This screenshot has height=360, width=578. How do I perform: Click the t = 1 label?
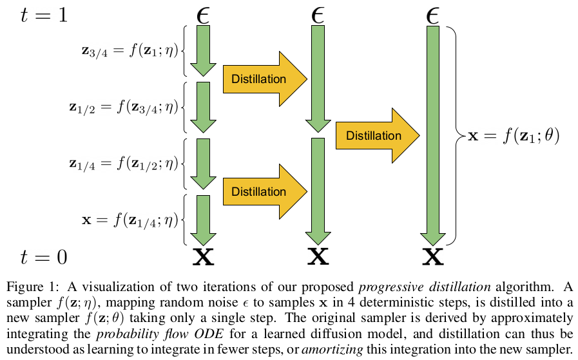[44, 14]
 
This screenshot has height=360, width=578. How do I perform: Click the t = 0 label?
[44, 258]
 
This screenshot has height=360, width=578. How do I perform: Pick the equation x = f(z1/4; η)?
[130, 220]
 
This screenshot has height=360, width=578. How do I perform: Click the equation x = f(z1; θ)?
[514, 137]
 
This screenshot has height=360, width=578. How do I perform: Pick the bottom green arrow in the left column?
[204, 221]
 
